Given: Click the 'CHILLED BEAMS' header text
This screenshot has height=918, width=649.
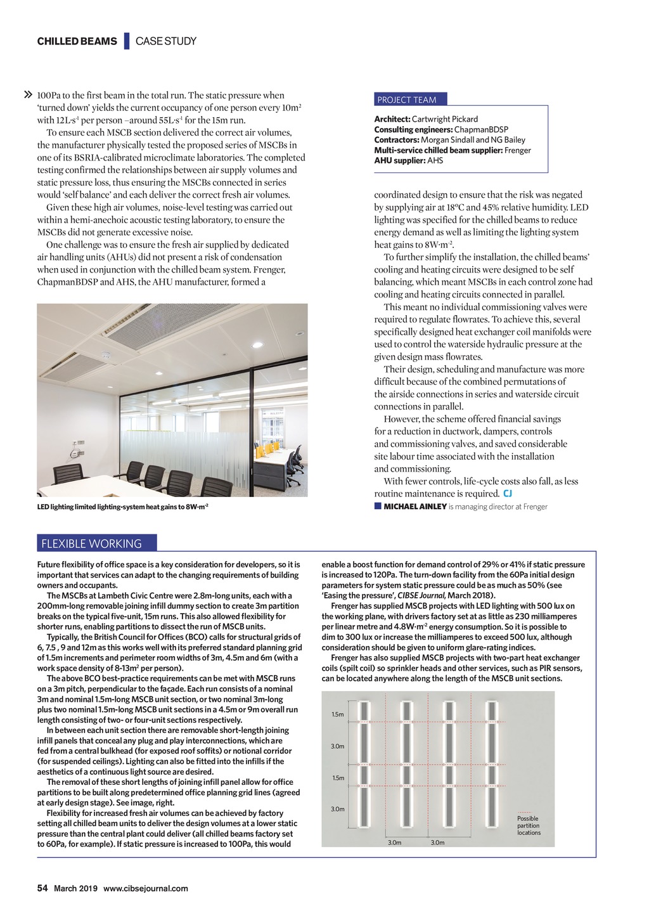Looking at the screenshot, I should (x=77, y=41).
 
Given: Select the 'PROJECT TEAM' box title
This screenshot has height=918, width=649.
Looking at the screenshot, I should (x=407, y=100).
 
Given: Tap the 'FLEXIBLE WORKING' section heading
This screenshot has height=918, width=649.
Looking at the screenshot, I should (x=91, y=543).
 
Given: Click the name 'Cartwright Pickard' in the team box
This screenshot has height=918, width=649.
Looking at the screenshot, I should (x=445, y=119).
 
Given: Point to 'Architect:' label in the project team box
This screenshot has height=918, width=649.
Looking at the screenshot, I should (x=392, y=119).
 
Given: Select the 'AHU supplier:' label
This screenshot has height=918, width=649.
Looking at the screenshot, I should (x=399, y=160).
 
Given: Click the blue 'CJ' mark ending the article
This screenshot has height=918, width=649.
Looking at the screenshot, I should (x=507, y=493).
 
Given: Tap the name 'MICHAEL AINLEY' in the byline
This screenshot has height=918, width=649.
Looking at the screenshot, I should (x=415, y=507).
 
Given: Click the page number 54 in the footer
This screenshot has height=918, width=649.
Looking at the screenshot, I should (x=42, y=888).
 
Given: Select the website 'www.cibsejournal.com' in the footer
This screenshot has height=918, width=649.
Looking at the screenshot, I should (x=146, y=888).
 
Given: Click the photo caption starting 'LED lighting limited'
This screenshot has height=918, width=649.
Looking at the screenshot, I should (x=123, y=507).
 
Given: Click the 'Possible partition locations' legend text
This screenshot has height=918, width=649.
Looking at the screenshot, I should (x=529, y=825).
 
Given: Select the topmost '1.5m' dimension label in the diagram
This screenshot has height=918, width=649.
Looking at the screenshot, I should (x=338, y=714).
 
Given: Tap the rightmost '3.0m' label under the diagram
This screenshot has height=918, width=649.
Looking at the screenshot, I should (x=437, y=843).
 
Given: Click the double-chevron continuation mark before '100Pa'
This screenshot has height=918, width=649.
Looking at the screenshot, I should (x=28, y=95).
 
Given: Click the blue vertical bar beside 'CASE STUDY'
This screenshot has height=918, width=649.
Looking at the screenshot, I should (x=127, y=41).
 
